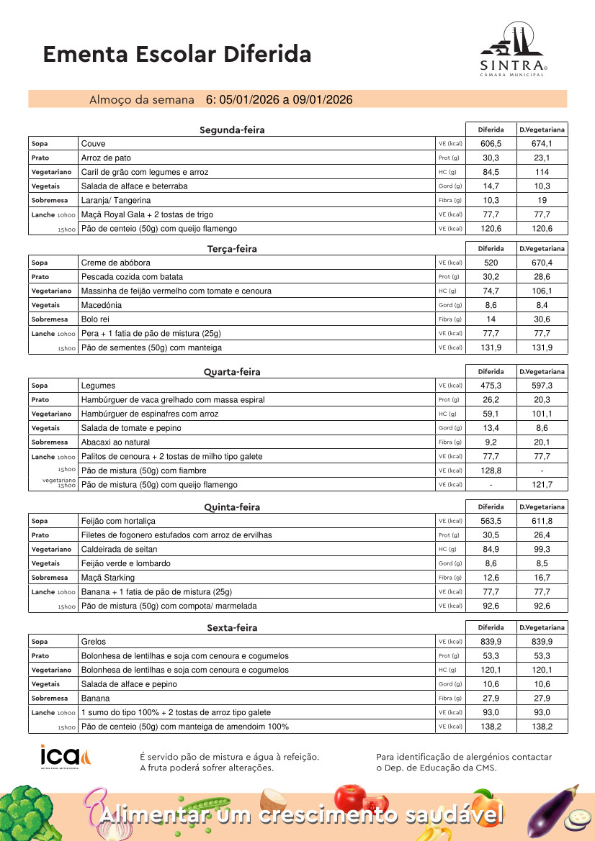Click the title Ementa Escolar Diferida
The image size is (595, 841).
pyautogui.click(x=177, y=54)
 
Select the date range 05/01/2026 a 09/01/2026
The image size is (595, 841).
pyautogui.click(x=279, y=99)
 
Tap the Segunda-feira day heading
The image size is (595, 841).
pyautogui.click(x=232, y=130)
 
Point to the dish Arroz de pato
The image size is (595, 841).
pyautogui.click(x=106, y=158)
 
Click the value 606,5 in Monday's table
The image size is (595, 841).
pyautogui.click(x=491, y=144)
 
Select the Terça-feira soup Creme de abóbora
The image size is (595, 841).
pyautogui.click(x=116, y=263)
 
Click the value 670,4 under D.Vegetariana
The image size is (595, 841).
pyautogui.click(x=542, y=263)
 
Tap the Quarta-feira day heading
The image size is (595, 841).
pyautogui.click(x=232, y=372)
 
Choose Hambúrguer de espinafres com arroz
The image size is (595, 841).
pyautogui.click(x=150, y=414)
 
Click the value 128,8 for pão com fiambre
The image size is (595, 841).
pyautogui.click(x=491, y=470)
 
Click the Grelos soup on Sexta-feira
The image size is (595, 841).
pyautogui.click(x=94, y=642)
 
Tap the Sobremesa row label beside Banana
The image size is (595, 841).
pyautogui.click(x=50, y=699)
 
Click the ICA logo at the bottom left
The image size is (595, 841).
pyautogui.click(x=66, y=757)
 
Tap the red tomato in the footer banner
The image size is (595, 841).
pyautogui.click(x=351, y=797)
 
